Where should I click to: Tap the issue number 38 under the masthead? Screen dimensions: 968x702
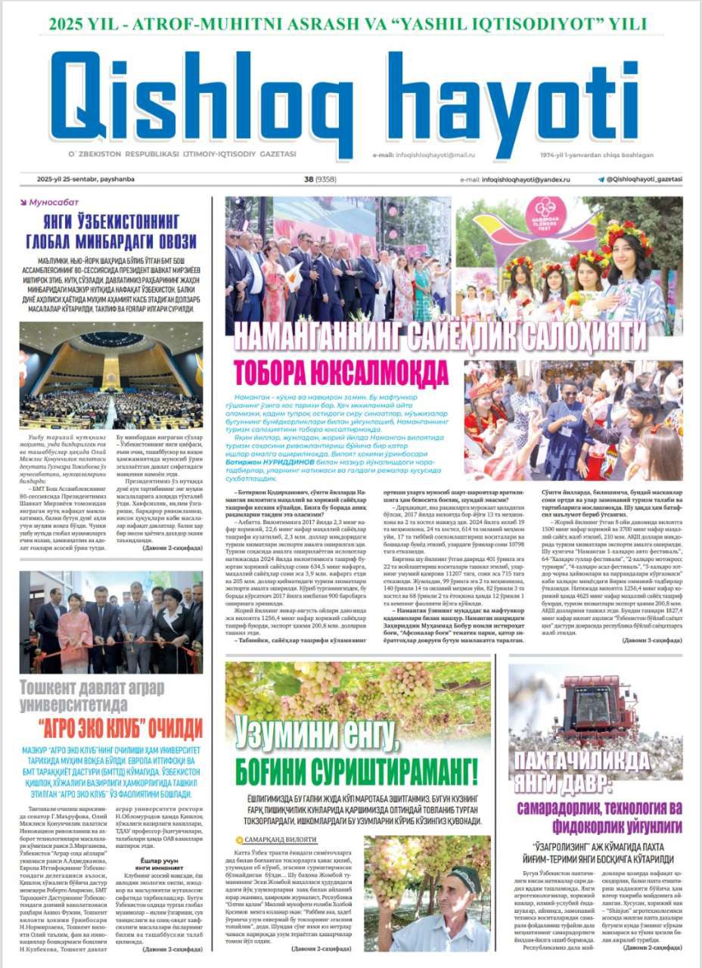(309, 179)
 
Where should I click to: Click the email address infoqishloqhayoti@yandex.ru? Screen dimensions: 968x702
(526, 180)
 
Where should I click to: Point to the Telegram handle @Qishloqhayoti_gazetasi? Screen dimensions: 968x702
(644, 179)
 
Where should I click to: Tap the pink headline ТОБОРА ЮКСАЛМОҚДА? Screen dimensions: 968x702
(341, 372)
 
